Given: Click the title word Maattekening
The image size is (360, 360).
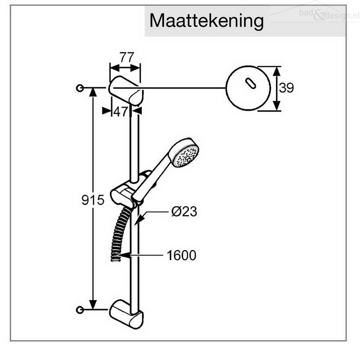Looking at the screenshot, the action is point(207,21).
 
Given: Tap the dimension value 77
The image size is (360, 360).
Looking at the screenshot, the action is point(127,58).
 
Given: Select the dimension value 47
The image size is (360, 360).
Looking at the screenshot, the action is point(121,112).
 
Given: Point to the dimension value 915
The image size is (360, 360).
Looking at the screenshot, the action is point(93,200).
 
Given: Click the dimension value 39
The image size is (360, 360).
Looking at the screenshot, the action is point(286,88).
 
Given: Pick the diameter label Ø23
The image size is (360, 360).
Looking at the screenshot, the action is point(184,211).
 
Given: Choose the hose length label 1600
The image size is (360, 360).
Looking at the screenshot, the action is point(181,255).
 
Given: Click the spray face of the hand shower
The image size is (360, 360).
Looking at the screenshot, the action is point(186,157).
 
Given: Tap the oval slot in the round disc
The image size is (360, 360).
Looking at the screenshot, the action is point(251,83).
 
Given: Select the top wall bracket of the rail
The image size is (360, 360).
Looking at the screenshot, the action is point(126,90).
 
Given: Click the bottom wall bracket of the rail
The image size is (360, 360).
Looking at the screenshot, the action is point(126,314).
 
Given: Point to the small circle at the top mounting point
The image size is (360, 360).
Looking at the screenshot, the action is point(80,88).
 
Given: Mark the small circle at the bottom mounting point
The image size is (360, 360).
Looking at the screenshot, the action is point(80,310).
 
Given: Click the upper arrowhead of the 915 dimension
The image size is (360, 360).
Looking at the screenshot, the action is point(93,92).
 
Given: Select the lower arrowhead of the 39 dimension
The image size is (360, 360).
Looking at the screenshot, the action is point(277,106).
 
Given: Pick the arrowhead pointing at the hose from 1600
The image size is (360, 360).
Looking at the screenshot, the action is point(123,255).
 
